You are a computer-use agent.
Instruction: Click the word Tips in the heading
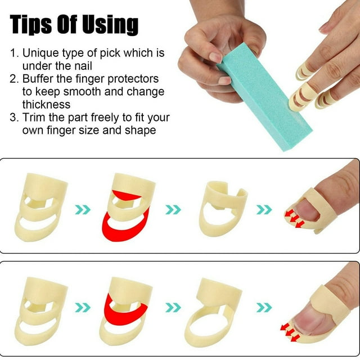click(x=31, y=25)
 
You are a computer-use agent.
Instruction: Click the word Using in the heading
click(x=110, y=25)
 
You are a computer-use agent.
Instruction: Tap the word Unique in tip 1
click(x=40, y=53)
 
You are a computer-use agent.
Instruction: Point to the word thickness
click(x=46, y=105)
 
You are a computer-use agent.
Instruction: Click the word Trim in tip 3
click(x=34, y=118)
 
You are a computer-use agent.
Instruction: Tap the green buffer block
click(x=264, y=96)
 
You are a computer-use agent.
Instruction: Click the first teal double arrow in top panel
click(x=83, y=209)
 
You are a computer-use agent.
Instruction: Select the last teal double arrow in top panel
click(x=264, y=209)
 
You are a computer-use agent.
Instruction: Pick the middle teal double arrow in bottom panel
click(x=173, y=308)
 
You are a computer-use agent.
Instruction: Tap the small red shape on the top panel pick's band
click(x=126, y=196)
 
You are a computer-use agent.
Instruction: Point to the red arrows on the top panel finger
click(x=294, y=219)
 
